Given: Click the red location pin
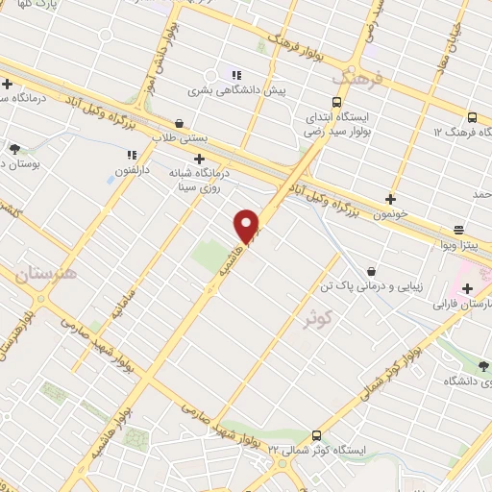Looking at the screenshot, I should click(x=247, y=225).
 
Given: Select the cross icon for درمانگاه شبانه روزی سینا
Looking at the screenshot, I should click(x=199, y=159).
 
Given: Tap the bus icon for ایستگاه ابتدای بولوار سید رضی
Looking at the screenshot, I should click(x=336, y=102).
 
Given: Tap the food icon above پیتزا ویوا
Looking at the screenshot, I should click(x=458, y=230).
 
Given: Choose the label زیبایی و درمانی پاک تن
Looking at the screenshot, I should click(x=370, y=286).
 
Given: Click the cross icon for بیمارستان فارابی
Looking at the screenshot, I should click(x=466, y=288).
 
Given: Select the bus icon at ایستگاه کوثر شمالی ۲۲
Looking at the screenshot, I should click(x=318, y=435).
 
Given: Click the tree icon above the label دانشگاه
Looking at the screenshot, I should click(x=483, y=366).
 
